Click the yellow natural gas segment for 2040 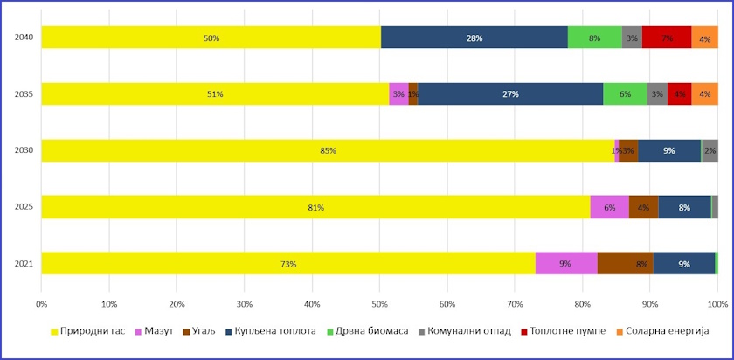coord(211,38)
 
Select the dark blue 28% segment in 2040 coord(474,38)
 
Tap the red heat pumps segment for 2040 coord(666,38)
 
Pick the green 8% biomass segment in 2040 coord(594,38)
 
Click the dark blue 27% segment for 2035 coord(510,93)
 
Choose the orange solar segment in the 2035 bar coord(704,93)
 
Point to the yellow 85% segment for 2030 coord(328,150)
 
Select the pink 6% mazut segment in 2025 coord(609,207)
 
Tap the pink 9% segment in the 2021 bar coord(565,263)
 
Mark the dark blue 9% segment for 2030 coord(668,150)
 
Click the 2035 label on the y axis coord(24,93)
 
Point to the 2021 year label coord(24,263)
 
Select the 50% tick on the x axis coord(379,304)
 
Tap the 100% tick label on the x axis coord(717,304)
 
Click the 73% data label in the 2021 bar coord(287,264)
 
